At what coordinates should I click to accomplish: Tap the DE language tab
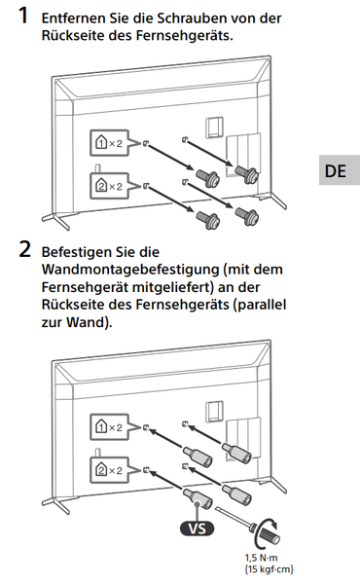336,171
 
